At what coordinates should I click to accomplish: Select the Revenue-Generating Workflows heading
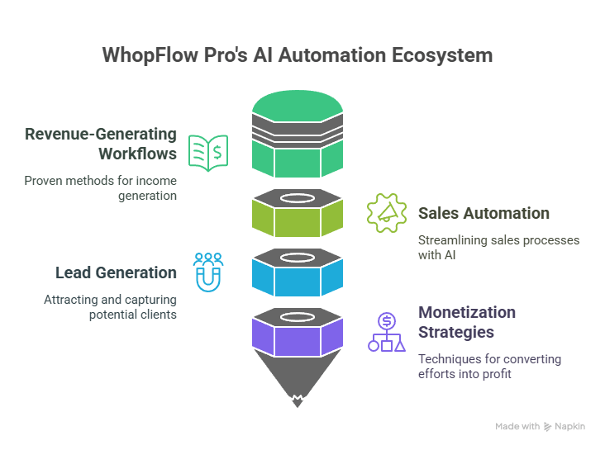point(101,144)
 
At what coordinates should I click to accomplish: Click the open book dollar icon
point(208,153)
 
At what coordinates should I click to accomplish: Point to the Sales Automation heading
point(484,213)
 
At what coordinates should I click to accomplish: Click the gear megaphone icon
point(387,214)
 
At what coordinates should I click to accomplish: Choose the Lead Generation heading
point(116,272)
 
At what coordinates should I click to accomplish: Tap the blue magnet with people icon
point(208,272)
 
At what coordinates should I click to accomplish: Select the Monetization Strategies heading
point(467,322)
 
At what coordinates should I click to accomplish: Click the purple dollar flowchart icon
point(387,333)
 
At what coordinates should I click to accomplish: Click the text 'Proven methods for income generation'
point(100,188)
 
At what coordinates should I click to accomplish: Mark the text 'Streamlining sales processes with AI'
point(498,247)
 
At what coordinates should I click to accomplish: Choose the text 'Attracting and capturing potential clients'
point(110,308)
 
